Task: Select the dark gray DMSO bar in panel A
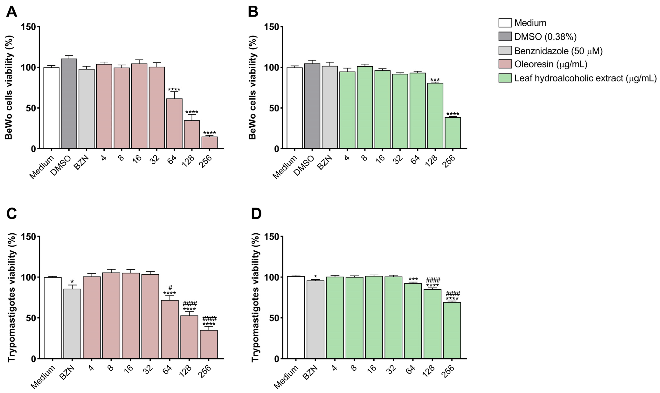point(69,103)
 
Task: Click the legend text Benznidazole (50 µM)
point(558,51)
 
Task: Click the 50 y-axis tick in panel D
point(274,318)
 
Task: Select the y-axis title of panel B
point(253,87)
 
